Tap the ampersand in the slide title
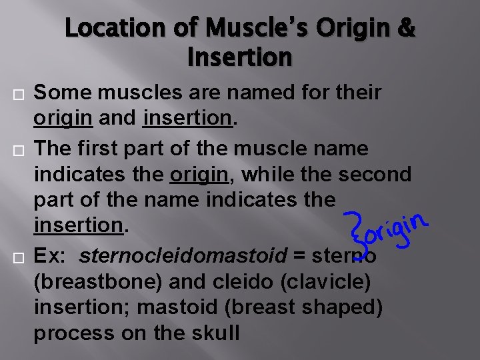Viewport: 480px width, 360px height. [x=405, y=28]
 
